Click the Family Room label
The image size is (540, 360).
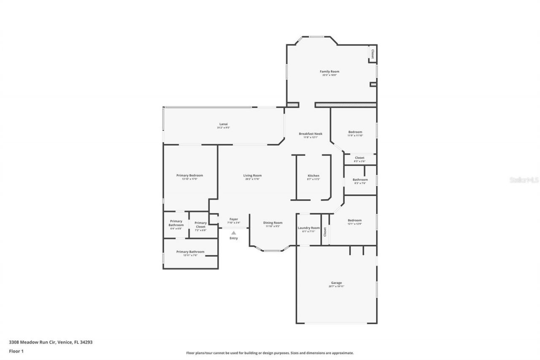pyautogui.click(x=329, y=72)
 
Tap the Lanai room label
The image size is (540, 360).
pyautogui.click(x=223, y=124)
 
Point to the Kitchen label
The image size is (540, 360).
pyautogui.click(x=313, y=176)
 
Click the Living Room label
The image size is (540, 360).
pyautogui.click(x=252, y=176)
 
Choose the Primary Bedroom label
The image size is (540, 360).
pyautogui.click(x=189, y=176)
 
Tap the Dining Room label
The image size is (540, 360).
pyautogui.click(x=273, y=223)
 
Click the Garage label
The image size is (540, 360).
pyautogui.click(x=336, y=283)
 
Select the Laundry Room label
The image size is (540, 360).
pyautogui.click(x=309, y=228)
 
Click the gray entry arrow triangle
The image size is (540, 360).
pyautogui.click(x=233, y=232)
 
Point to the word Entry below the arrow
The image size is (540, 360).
pyautogui.click(x=233, y=238)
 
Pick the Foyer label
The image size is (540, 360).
pyautogui.click(x=234, y=219)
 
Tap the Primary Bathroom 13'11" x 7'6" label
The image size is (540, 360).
pyautogui.click(x=190, y=252)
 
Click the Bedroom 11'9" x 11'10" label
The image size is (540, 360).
pyautogui.click(x=355, y=132)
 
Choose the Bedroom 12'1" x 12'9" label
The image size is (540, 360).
pyautogui.click(x=354, y=220)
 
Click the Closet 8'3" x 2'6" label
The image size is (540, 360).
pyautogui.click(x=359, y=158)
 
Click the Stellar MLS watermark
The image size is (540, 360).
pyautogui.click(x=524, y=180)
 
